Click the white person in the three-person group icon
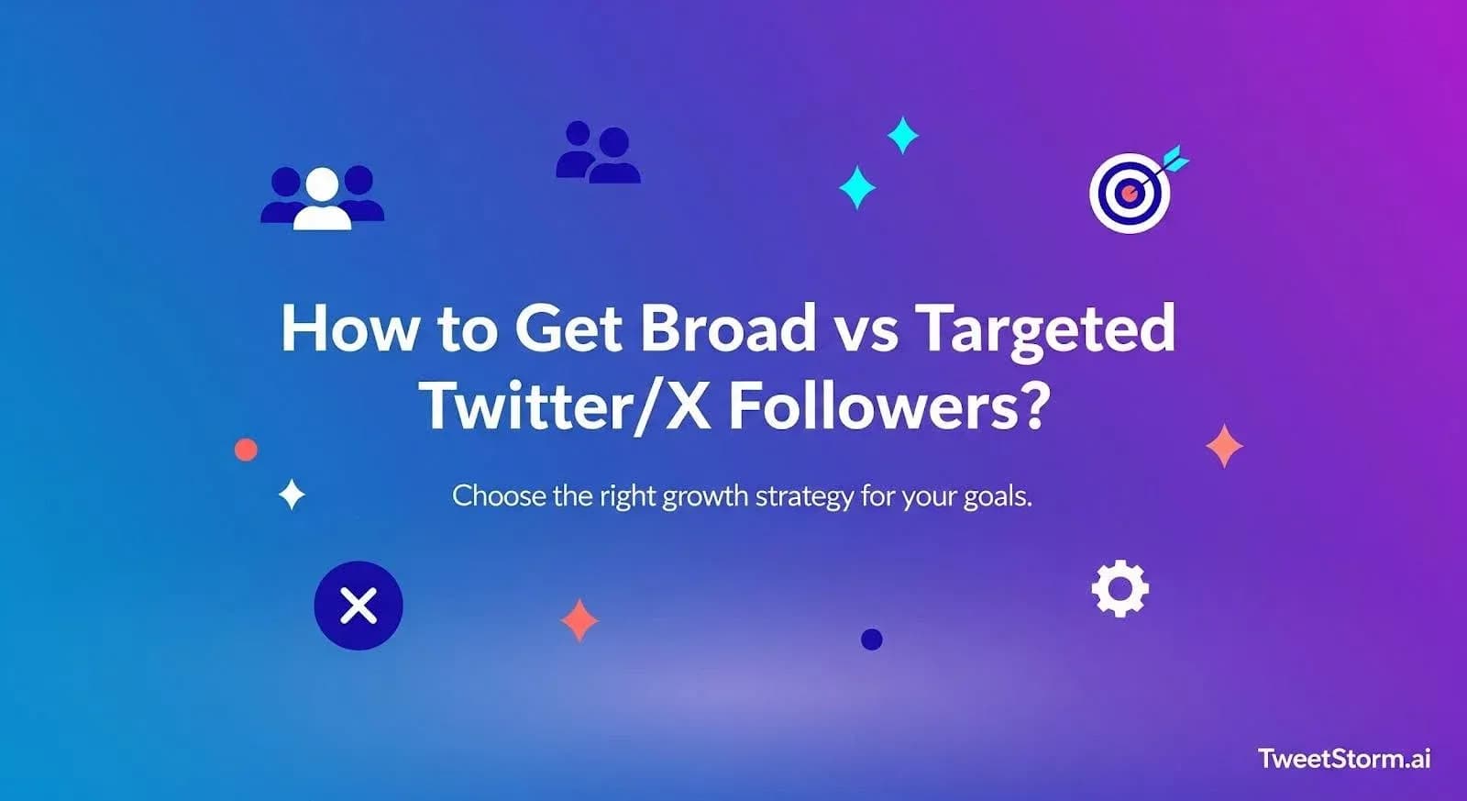[322, 200]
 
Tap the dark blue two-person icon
[598, 152]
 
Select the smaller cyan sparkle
[903, 136]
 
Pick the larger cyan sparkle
[857, 187]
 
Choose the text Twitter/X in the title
[565, 406]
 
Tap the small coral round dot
[246, 450]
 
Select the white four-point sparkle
[292, 495]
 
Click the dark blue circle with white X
[358, 606]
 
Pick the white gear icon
[1120, 589]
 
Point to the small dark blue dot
[872, 640]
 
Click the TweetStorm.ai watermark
[1344, 759]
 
